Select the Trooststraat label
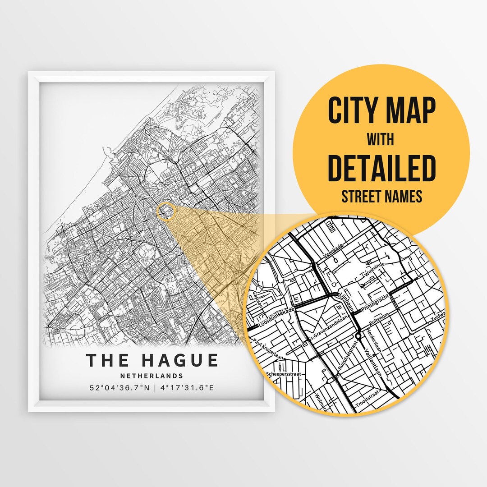point(366,401)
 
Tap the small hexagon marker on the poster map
point(165,211)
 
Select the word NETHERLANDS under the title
point(152,376)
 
